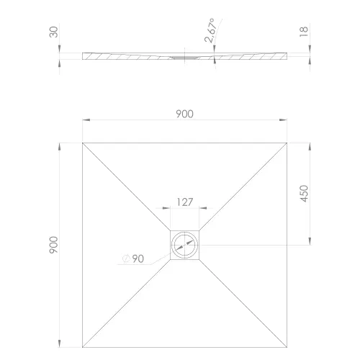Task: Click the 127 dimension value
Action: [186, 202]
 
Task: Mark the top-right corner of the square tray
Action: [289, 143]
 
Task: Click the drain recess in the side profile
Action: [186, 55]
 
